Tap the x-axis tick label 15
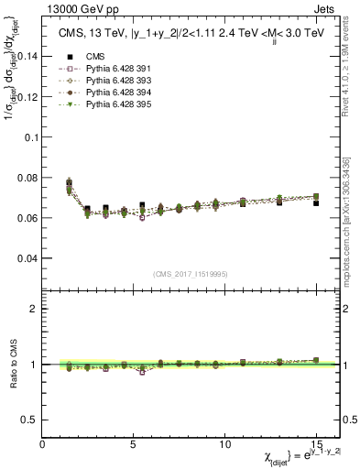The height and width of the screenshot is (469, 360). click(317, 443)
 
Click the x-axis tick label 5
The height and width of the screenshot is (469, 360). click(134, 443)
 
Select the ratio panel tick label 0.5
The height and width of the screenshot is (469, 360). click(28, 420)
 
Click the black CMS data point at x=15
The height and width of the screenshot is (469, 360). click(316, 203)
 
